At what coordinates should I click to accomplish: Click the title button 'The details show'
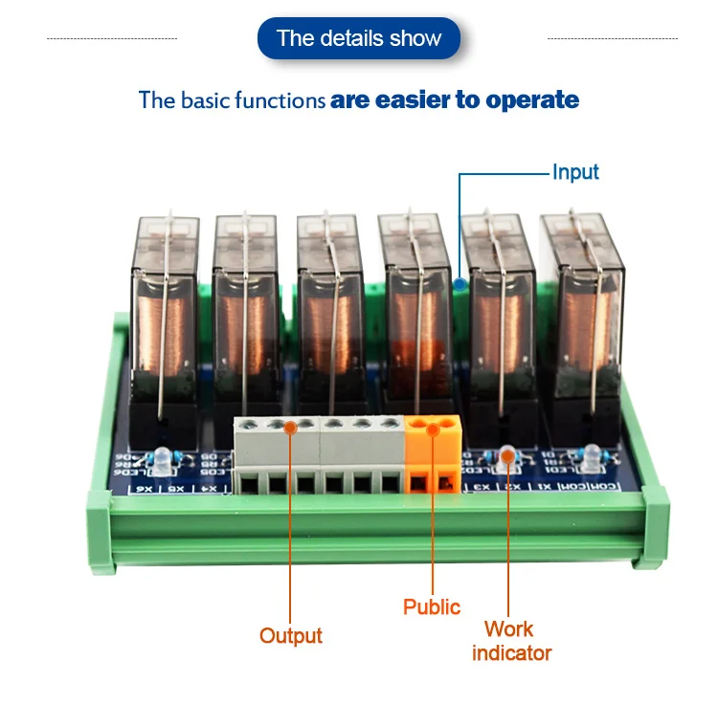click(x=359, y=39)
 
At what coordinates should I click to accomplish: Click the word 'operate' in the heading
click(x=532, y=99)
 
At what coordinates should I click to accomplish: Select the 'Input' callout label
click(x=575, y=172)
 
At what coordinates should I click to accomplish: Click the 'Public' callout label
click(x=432, y=606)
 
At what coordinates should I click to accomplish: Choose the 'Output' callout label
click(x=291, y=636)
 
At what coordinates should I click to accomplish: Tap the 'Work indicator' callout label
click(x=512, y=641)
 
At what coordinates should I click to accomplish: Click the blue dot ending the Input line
click(x=461, y=284)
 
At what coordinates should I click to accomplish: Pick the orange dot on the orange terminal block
click(x=432, y=430)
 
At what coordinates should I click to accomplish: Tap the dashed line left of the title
click(x=112, y=39)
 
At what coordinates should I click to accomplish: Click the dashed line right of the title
click(x=612, y=39)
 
